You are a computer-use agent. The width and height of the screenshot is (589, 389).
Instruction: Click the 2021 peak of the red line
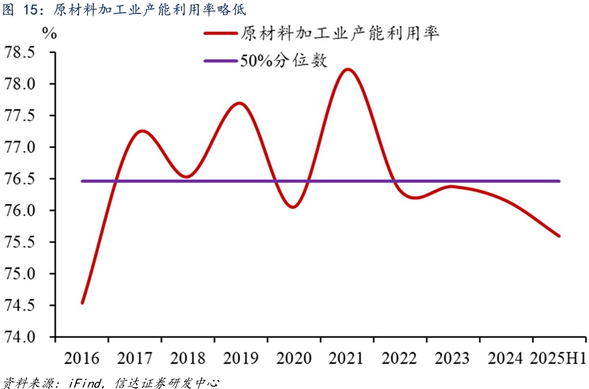click(348, 70)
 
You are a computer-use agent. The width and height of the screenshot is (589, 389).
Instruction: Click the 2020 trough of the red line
click(292, 207)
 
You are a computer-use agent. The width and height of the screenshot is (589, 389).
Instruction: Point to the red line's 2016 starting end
click(82, 303)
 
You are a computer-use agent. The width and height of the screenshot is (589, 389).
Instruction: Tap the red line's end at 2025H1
click(559, 236)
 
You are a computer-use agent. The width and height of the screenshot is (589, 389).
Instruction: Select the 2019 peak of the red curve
click(240, 103)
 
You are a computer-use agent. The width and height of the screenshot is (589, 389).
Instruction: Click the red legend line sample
click(220, 34)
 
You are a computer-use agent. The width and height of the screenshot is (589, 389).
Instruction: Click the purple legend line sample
click(220, 60)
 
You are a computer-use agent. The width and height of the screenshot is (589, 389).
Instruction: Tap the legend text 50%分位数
click(283, 60)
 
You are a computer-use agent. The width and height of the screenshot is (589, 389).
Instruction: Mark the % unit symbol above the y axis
click(49, 33)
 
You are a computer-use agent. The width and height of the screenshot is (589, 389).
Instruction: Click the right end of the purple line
click(559, 181)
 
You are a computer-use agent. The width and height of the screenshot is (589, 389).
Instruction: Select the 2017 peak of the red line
click(141, 131)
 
